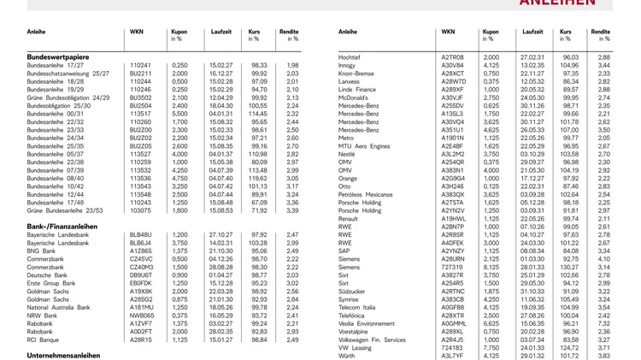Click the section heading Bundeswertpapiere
59,56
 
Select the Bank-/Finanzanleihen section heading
62,226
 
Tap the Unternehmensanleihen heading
64,355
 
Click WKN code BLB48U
140,234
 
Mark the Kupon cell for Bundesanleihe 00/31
179,113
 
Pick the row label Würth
348,356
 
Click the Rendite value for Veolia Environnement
603,323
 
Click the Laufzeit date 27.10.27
221,234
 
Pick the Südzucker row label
353,291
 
